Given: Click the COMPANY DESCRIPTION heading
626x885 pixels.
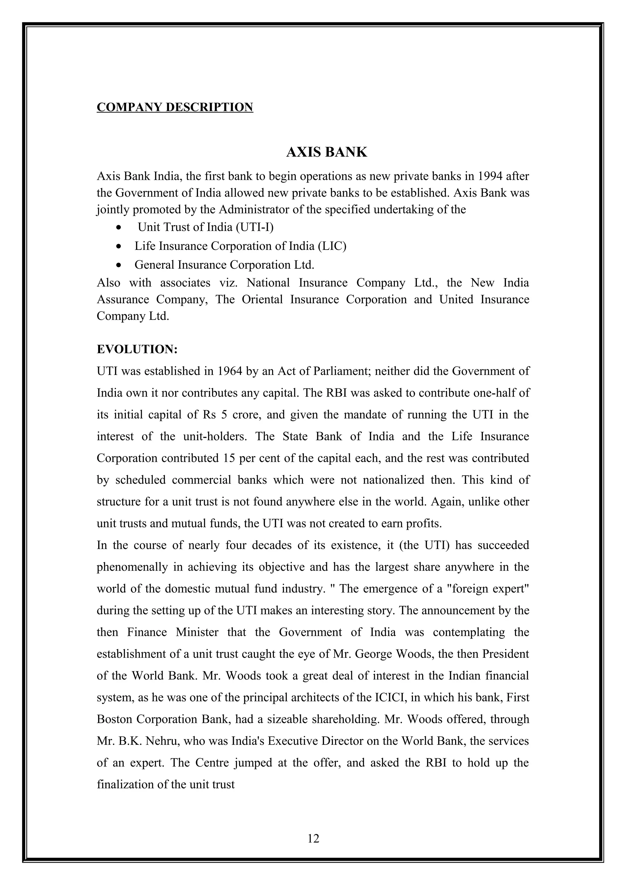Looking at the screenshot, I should pos(175,107).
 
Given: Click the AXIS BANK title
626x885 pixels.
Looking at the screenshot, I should pos(326,152).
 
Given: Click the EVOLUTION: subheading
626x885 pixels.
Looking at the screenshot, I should pos(137,349).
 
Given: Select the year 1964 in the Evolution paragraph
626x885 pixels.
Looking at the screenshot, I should pos(230,371).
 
